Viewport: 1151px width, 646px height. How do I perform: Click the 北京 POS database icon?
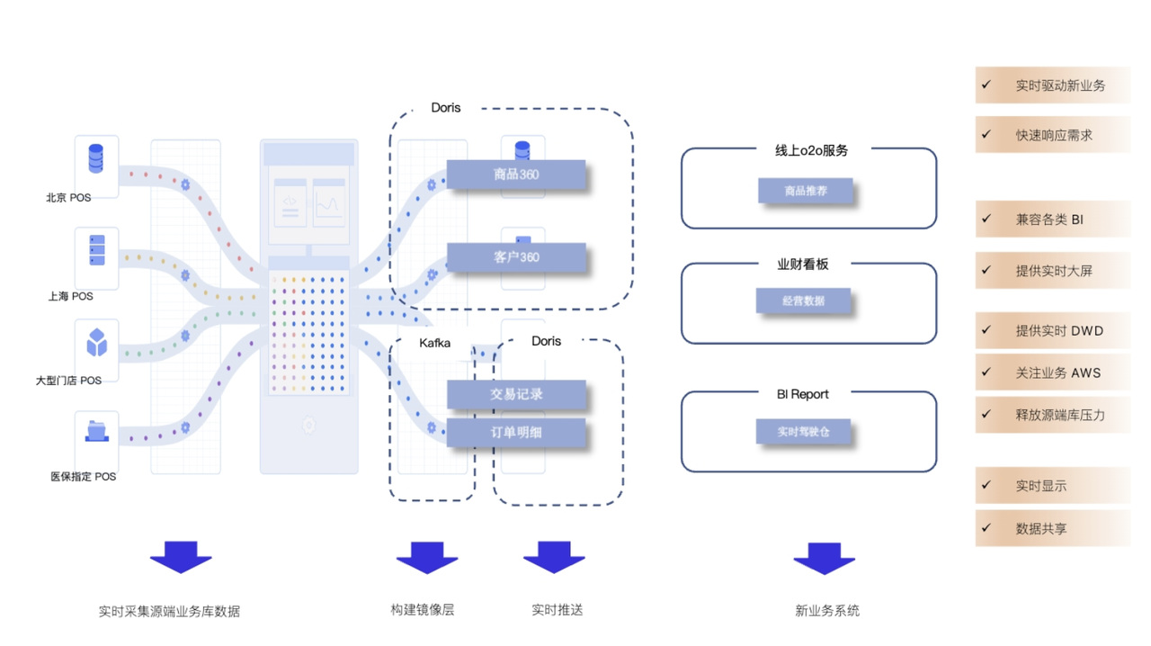(95, 158)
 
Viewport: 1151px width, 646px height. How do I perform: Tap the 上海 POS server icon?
(96, 250)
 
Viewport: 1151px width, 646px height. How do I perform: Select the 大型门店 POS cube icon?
(96, 343)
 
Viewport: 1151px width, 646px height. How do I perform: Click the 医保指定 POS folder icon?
(96, 431)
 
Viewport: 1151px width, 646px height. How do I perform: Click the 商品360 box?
(516, 175)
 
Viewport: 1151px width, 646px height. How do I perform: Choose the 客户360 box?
(516, 257)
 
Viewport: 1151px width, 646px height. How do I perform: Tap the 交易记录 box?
(516, 394)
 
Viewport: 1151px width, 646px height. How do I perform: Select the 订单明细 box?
(516, 432)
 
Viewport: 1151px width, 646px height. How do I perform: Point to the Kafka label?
(434, 343)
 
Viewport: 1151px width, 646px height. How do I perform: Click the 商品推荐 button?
(805, 191)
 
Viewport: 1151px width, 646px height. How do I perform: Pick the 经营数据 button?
(803, 301)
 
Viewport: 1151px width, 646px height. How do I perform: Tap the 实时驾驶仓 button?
(803, 432)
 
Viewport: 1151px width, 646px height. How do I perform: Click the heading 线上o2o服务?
(811, 150)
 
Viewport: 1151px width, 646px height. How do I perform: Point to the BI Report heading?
(802, 394)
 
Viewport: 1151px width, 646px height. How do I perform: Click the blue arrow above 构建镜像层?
(427, 557)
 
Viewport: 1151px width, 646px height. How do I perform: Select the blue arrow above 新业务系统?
(824, 557)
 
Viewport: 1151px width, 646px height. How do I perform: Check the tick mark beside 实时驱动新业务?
(986, 85)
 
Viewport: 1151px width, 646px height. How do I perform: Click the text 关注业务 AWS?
(1057, 372)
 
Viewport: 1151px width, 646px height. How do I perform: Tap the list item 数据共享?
(1041, 529)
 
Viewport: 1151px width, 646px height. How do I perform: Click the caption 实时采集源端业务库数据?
(169, 611)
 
